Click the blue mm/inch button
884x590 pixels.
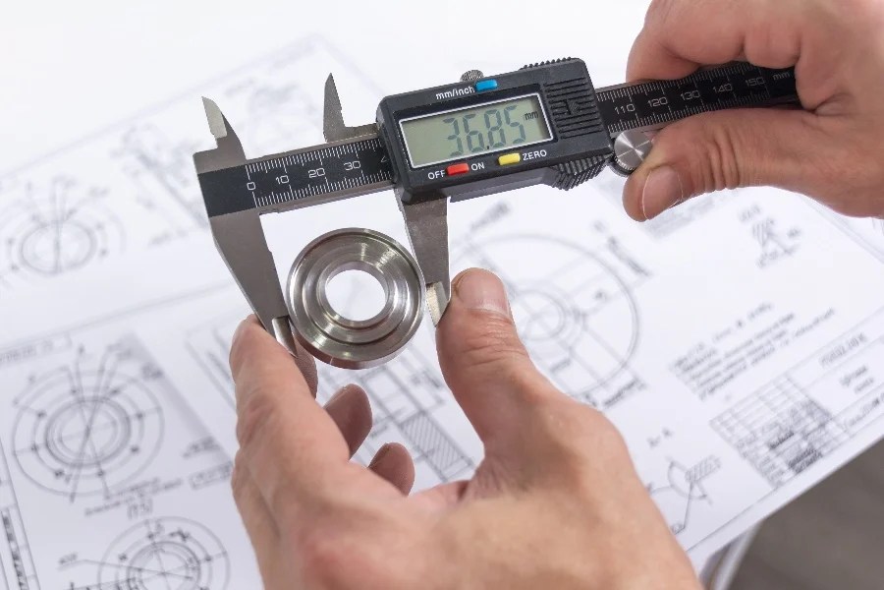tap(486, 85)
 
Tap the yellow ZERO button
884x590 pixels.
tap(508, 159)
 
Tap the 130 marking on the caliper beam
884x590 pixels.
tap(690, 95)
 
